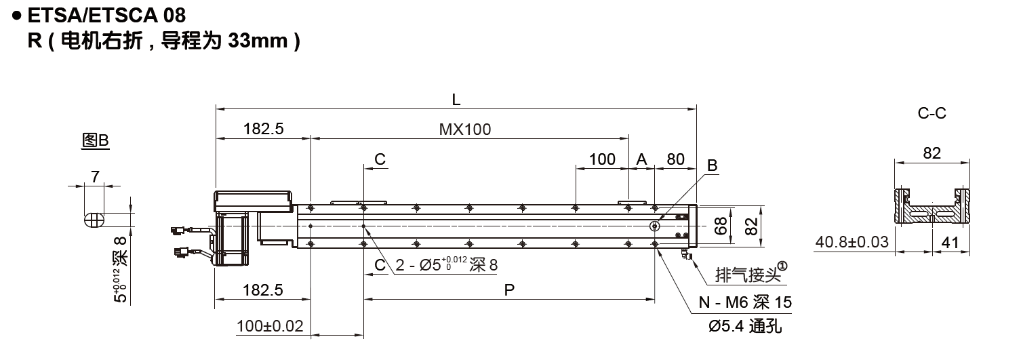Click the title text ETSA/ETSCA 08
(106, 16)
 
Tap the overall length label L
(456, 100)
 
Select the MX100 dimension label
(465, 129)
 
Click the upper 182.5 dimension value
(264, 129)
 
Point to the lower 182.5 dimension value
(263, 289)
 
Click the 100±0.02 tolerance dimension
(270, 326)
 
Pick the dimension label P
(509, 289)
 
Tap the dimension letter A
(641, 159)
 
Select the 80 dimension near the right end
(675, 159)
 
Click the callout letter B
(712, 165)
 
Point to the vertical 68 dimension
(721, 226)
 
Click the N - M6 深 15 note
(745, 302)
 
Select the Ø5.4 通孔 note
(745, 326)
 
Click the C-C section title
(932, 113)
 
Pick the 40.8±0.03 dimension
(852, 241)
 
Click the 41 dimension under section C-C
(950, 243)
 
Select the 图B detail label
(96, 140)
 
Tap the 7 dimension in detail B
(95, 176)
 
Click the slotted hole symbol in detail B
(94, 220)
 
